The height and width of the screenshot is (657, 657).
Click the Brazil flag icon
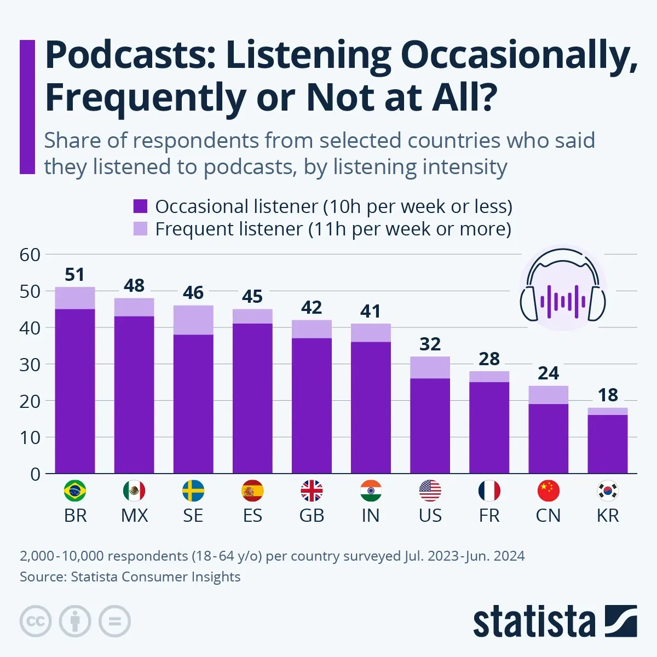75,491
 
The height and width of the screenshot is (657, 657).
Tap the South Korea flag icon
607,491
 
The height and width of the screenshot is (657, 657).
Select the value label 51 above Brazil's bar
75,274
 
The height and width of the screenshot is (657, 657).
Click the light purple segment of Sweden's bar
193,320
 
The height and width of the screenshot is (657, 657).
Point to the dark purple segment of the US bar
430,425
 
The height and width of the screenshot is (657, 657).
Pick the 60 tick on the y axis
30,255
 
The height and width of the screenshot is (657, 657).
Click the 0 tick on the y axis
35,474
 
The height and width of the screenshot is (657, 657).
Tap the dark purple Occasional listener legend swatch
141,206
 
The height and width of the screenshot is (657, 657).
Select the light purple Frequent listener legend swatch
141,229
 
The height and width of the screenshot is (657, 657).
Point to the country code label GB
312,516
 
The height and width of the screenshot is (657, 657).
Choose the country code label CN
548,516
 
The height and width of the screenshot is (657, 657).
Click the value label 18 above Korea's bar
607,395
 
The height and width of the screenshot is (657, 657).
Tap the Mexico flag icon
134,491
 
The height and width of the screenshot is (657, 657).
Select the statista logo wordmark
534,622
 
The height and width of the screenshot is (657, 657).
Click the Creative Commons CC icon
36,621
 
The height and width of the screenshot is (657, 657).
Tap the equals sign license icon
114,621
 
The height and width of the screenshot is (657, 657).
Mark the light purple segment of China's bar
548,395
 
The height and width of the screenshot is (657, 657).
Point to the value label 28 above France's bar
489,359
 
